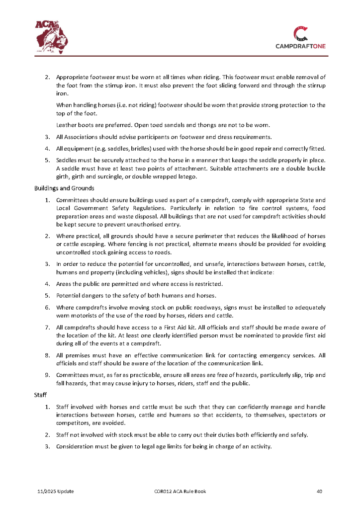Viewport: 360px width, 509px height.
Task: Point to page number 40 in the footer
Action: pos(320,492)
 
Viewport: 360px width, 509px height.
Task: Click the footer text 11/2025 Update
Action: pos(56,492)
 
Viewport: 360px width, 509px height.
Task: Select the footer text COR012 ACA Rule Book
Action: pos(180,492)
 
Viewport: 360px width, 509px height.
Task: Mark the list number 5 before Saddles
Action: pos(47,160)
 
